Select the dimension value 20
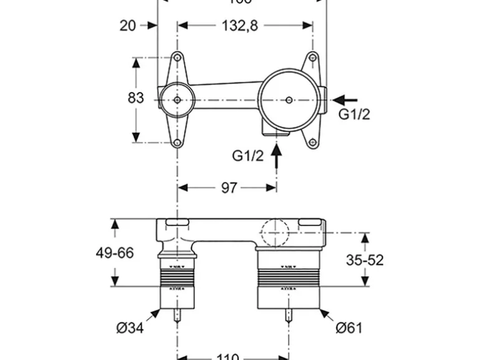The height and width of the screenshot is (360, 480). (128, 26)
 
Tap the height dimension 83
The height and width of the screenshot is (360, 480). (136, 98)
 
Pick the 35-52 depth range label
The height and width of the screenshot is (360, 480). (364, 260)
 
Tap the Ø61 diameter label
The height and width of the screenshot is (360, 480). (348, 327)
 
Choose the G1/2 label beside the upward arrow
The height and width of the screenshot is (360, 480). (248, 156)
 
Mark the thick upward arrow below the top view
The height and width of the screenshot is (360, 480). (277, 154)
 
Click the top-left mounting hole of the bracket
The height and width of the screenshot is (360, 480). (178, 58)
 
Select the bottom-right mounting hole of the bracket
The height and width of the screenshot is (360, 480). (312, 142)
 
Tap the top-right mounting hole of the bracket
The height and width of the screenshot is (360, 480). (312, 58)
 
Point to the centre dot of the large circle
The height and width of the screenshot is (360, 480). (289, 100)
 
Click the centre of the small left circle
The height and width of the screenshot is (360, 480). (178, 100)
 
